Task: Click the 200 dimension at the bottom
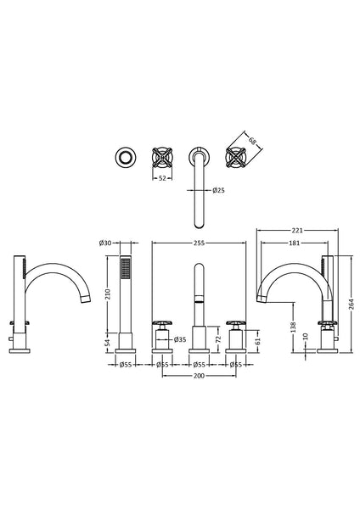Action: pyautogui.click(x=199, y=375)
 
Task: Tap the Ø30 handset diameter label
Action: pyautogui.click(x=106, y=243)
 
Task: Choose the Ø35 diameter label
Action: pyautogui.click(x=180, y=339)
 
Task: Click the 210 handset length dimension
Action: pyautogui.click(x=108, y=294)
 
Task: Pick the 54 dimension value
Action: pyautogui.click(x=108, y=341)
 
